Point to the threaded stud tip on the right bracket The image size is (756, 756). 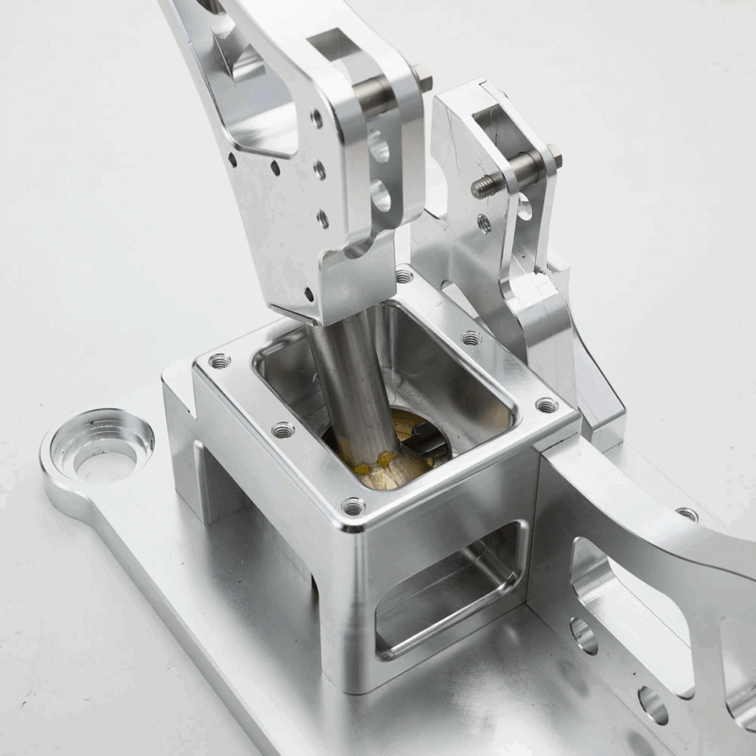point(480,188)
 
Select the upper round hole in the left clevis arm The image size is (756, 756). point(379,147)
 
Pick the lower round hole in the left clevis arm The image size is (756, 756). point(381,196)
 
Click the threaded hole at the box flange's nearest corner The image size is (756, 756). point(353,507)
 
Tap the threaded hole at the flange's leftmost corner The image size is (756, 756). point(219,361)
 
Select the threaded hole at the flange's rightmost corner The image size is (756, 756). point(546,405)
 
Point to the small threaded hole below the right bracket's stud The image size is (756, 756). point(484,224)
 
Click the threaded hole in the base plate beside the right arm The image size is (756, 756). point(687,514)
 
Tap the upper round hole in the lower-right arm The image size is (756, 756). point(583,635)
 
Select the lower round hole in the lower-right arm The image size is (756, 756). point(652,704)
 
